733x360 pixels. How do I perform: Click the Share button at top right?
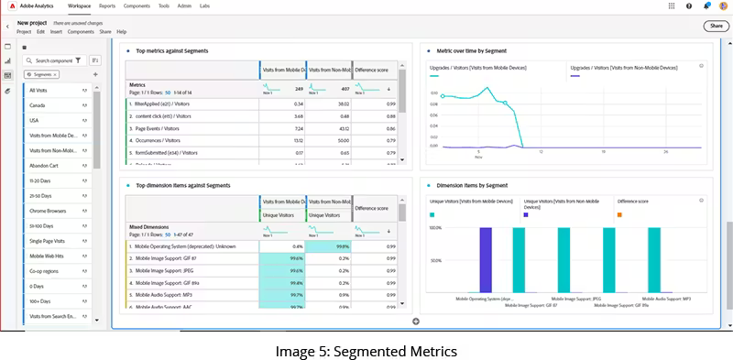tap(715, 26)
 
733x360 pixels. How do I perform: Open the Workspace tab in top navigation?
tap(80, 5)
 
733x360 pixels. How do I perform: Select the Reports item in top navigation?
tap(107, 5)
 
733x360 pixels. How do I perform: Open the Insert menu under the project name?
tap(56, 31)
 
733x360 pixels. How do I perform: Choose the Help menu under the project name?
tap(122, 31)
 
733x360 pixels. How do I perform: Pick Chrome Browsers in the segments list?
tap(47, 211)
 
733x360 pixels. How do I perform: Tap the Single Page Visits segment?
tap(48, 240)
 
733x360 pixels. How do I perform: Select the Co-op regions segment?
tap(44, 270)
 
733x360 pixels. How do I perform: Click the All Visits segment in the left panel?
tap(38, 91)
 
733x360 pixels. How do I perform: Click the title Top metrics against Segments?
tap(172, 51)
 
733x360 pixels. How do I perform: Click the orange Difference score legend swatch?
tap(620, 214)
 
